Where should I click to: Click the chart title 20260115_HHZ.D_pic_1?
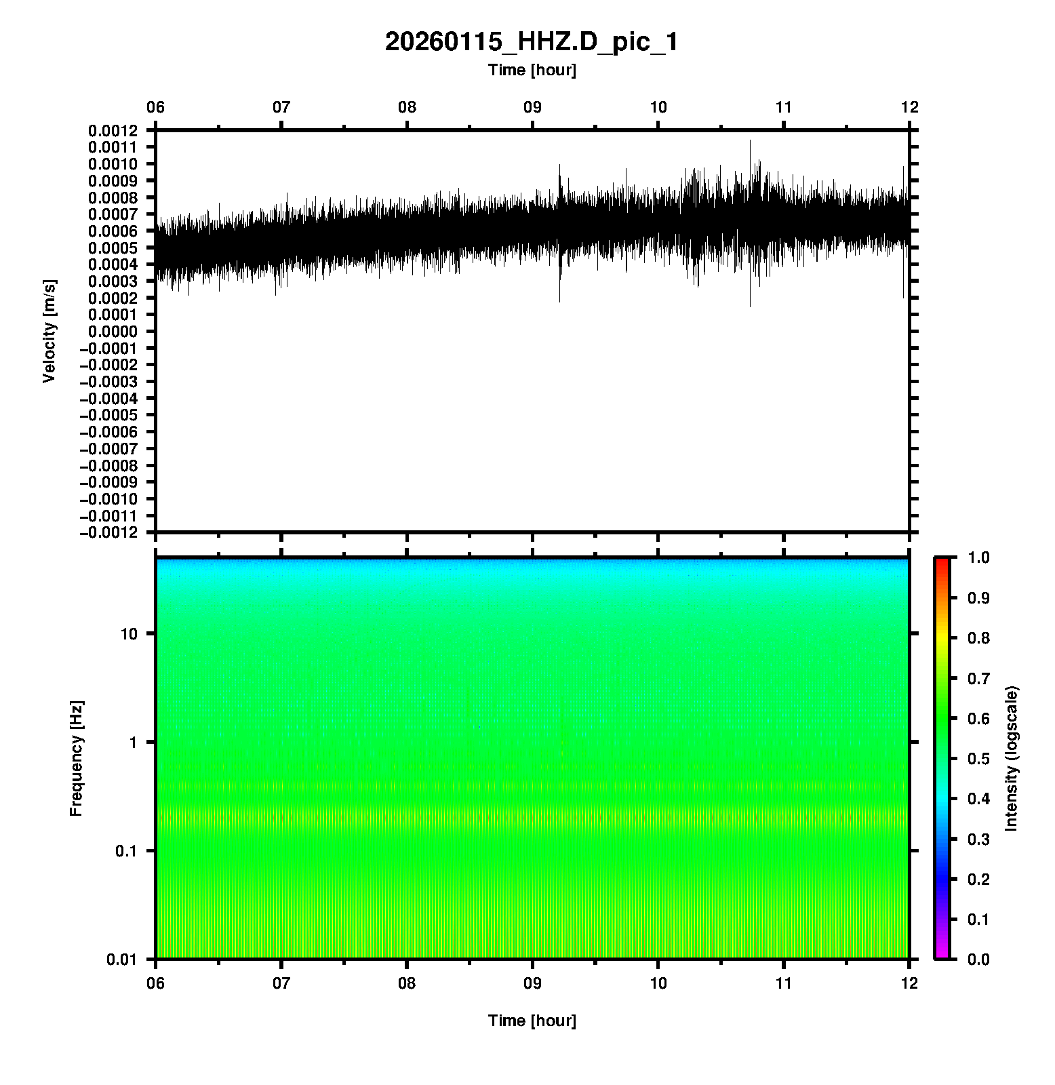point(531,42)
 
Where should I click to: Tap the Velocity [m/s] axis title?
point(49,331)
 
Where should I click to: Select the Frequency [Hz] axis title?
point(76,759)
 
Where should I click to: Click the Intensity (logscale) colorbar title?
point(1012,758)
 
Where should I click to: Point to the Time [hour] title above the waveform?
point(532,70)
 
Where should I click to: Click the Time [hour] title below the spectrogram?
point(532,1021)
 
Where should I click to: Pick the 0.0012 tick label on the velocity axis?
point(113,131)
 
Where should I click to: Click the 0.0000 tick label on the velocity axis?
point(113,332)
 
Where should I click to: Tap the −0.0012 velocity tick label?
point(108,532)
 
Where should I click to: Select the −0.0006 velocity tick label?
point(108,432)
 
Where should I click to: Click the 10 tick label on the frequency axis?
point(129,634)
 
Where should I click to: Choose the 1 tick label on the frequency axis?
point(132,743)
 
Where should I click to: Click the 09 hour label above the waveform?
point(532,107)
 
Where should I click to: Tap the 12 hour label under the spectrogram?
point(909,983)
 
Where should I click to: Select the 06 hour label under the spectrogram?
point(156,983)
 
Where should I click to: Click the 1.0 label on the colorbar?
point(980,557)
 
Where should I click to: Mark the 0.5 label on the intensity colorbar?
point(980,758)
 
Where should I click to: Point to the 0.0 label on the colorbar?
point(980,960)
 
